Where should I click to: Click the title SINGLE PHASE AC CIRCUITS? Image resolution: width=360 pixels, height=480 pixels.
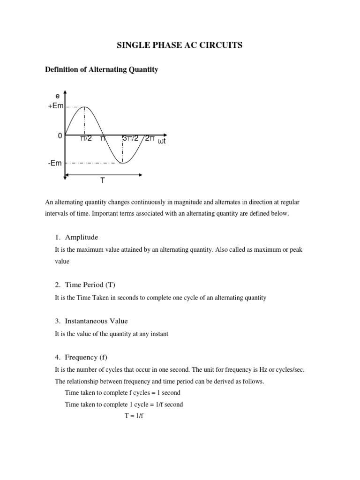point(180,45)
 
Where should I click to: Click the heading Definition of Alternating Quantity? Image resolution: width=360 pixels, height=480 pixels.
point(101,69)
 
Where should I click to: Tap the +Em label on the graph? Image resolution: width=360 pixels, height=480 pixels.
point(55,106)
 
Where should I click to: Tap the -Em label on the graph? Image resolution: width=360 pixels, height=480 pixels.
point(55,163)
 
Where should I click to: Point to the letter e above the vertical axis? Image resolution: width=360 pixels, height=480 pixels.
point(58,97)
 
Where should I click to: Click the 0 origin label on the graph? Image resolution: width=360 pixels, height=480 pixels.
point(60,136)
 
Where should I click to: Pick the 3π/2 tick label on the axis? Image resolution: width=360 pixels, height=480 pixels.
point(129,138)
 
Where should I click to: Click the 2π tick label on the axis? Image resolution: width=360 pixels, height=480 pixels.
point(150,138)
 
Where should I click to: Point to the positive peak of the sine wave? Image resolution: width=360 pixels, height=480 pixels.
point(84,107)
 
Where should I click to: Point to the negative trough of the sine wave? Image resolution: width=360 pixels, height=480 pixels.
point(122,163)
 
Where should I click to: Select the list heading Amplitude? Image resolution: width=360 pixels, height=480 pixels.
point(81,237)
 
